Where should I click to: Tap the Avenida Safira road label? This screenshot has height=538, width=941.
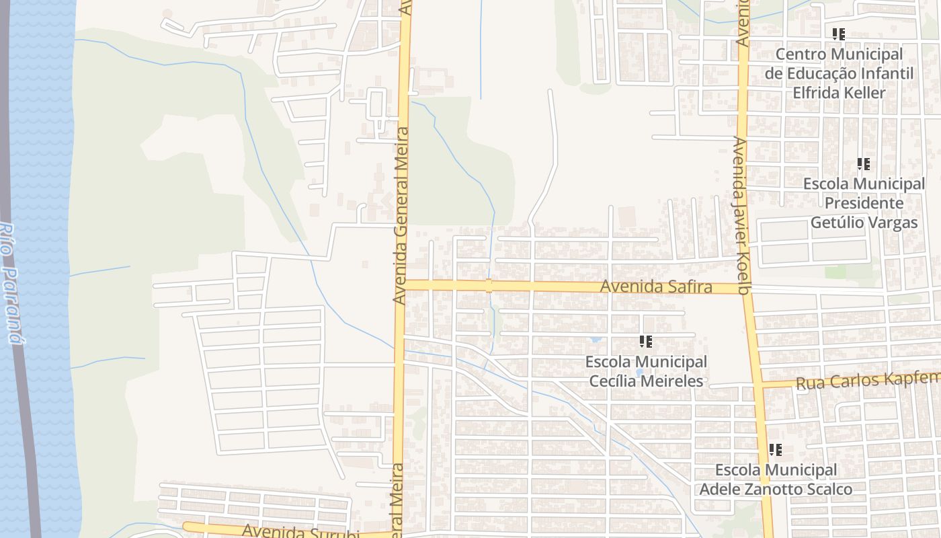(x=655, y=287)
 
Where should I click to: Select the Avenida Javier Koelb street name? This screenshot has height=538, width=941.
(x=741, y=216)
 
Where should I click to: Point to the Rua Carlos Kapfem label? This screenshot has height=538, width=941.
(x=868, y=381)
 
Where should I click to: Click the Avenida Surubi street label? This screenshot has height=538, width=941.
(x=300, y=531)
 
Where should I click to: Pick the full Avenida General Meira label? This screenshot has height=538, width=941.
(x=401, y=215)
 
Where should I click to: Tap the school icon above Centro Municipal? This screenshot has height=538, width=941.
(x=838, y=34)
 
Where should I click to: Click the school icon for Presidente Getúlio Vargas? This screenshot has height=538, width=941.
(x=863, y=163)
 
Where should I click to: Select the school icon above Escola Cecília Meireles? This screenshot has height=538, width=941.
(x=645, y=342)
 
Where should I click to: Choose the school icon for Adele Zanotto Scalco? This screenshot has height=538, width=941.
(x=775, y=449)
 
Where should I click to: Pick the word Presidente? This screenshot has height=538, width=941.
(x=864, y=202)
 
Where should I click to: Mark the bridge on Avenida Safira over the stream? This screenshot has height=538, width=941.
(x=489, y=285)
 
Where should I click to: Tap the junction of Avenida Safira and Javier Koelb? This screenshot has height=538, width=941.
(x=745, y=289)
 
